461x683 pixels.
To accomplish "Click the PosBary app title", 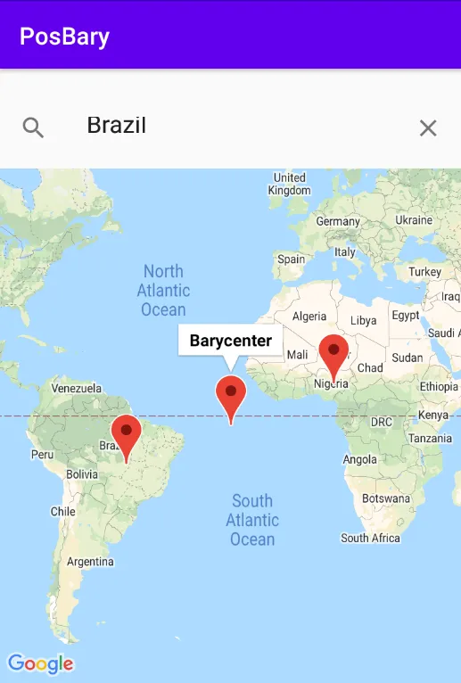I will pos(65,37).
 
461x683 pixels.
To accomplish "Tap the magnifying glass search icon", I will pos(33,128).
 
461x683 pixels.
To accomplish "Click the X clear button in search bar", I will pos(428,128).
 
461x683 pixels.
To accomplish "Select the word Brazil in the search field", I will pos(116,126).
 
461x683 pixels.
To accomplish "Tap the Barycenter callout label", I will pos(231,341).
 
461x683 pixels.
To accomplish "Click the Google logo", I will pos(40,663).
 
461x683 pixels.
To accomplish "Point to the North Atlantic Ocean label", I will pos(163,290).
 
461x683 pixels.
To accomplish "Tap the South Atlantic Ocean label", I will pos(252,520).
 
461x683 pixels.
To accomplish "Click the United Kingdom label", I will pos(290,184).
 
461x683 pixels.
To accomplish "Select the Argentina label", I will pos(90,562).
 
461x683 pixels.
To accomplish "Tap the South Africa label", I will pos(371,538).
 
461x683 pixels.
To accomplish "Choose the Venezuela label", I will pos(78,389).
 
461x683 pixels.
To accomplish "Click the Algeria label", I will pos(309,317).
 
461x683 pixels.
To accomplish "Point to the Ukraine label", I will pos(414,220).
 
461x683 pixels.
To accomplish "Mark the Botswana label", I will pos(386,498).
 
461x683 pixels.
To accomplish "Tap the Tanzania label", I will pos(431,439).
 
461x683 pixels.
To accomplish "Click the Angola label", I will pos(360,459).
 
